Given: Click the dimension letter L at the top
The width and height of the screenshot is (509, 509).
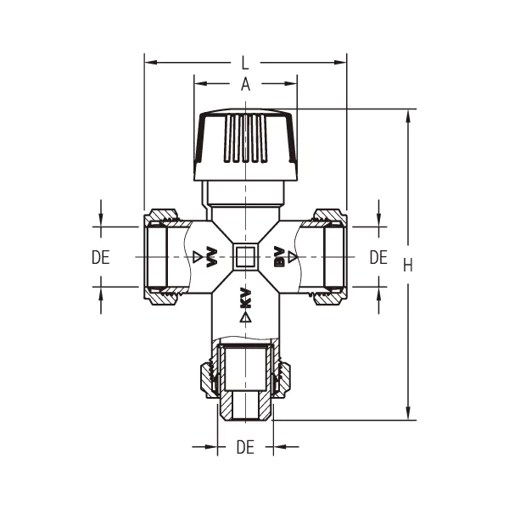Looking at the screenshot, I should [245, 63].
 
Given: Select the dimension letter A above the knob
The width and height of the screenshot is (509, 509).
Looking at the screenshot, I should [245, 84].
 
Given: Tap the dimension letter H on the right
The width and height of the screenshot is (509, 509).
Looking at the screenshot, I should [408, 265].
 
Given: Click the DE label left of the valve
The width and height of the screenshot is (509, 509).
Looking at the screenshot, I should [101, 257].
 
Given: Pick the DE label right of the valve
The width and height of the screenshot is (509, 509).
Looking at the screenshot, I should [378, 257].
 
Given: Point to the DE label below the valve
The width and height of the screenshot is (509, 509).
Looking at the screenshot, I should [245, 447].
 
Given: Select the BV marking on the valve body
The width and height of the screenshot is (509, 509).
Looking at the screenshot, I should [277, 256].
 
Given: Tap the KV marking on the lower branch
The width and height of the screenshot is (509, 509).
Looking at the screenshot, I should [246, 298].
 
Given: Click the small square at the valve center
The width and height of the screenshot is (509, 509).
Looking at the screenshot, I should [246, 256].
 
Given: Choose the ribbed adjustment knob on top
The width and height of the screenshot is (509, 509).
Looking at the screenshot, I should [246, 144].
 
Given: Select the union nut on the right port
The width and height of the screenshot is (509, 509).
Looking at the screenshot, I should [329, 255].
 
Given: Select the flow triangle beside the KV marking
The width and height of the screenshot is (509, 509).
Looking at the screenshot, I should [246, 317].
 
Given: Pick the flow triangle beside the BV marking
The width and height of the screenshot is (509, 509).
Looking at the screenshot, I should [292, 256].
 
